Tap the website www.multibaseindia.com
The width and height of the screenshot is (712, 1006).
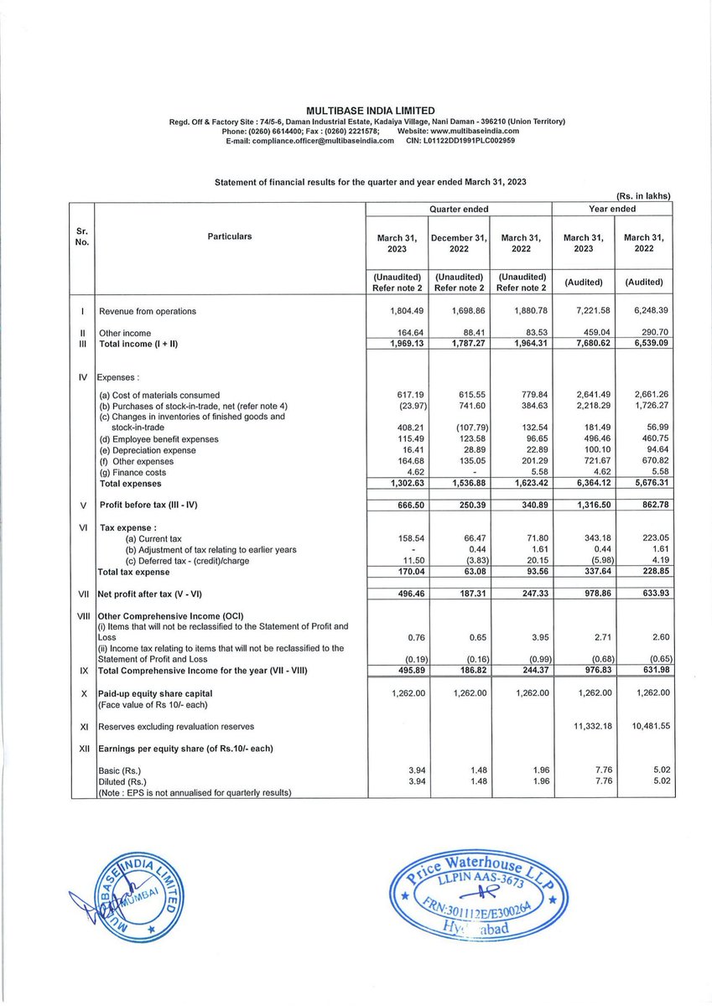coord(476,131)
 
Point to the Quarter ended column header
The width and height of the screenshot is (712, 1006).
coord(459,209)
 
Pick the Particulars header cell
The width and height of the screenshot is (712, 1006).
coord(229,237)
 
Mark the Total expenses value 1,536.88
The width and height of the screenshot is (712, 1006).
coord(459,484)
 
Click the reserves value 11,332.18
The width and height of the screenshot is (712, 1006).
coord(580,726)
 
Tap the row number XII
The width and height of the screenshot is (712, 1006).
coord(83,748)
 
